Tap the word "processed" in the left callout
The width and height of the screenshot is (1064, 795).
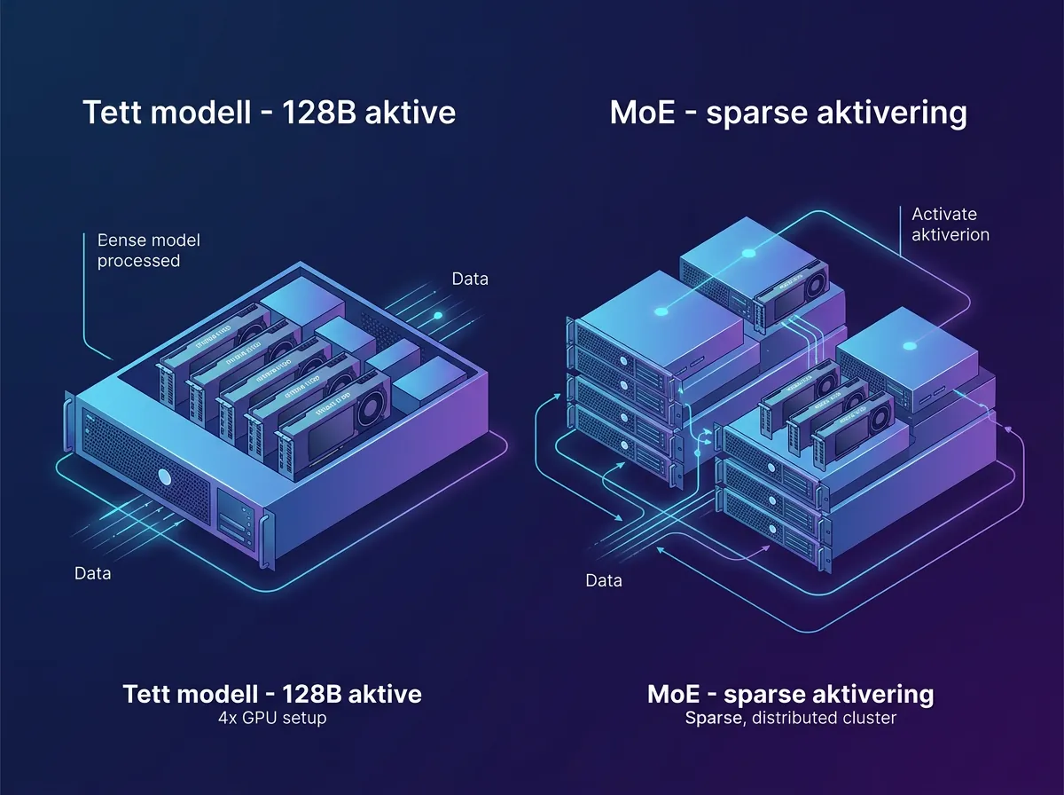click(138, 261)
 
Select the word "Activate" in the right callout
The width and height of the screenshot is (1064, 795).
click(943, 214)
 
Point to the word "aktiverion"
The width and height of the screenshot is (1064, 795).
click(951, 235)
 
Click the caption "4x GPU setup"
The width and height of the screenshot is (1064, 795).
click(272, 717)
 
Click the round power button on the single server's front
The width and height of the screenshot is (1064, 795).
click(164, 477)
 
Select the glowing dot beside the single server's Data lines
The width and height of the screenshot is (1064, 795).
click(436, 315)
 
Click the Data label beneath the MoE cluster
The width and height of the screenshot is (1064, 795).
click(604, 581)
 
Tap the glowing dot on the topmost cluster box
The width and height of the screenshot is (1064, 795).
click(748, 254)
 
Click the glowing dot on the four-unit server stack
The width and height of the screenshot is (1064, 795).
click(661, 311)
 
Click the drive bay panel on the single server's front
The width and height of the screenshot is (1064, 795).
click(235, 517)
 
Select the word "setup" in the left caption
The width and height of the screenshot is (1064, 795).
click(304, 717)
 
